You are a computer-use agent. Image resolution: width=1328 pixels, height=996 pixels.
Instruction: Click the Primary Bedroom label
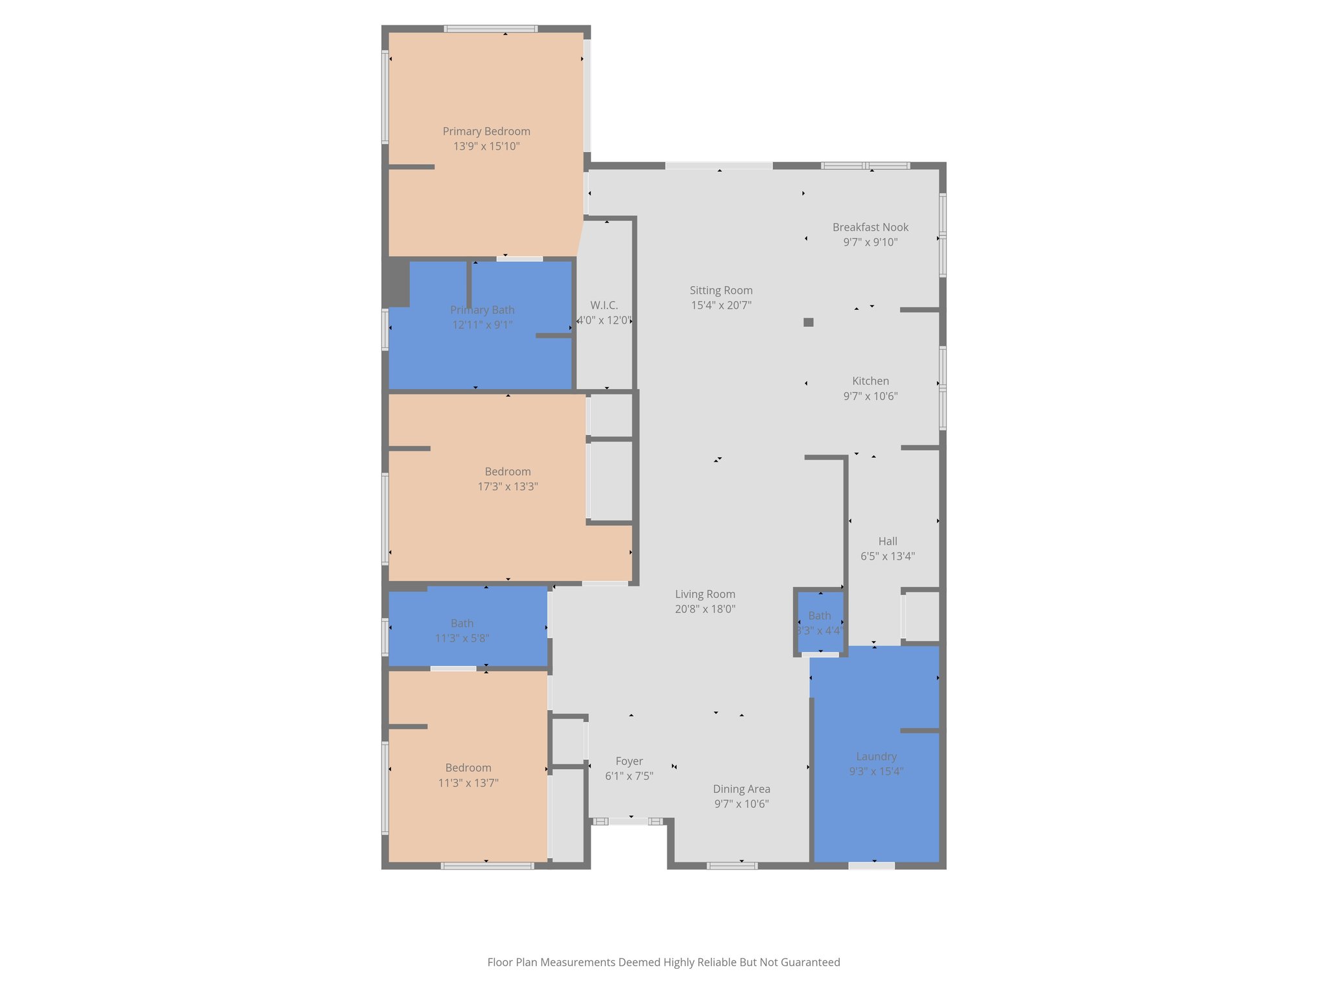coord(486,132)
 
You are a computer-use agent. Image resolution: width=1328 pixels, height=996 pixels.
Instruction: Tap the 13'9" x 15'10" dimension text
coord(486,147)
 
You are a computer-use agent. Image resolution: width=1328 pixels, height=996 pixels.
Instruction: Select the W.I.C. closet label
coord(604,305)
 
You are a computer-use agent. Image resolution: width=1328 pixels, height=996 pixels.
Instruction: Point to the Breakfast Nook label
coord(870,228)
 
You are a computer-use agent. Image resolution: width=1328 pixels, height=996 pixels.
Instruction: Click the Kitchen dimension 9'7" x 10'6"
coord(870,396)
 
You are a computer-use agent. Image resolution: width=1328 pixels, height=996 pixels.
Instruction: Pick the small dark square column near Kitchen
coord(808,322)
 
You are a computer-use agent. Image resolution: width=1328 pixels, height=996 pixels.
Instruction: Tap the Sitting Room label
coord(721,290)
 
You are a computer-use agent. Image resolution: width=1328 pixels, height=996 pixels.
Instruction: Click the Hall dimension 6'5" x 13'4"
coord(888,556)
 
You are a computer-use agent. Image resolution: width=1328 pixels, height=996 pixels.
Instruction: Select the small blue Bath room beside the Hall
coord(820,622)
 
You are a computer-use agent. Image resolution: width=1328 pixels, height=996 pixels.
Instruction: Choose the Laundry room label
coord(876,757)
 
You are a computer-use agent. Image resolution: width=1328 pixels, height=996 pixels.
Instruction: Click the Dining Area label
coord(742,789)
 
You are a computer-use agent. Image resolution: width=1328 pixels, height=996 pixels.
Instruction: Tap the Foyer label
coord(629,761)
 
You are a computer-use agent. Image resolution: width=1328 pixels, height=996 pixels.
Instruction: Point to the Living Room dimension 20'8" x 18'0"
coord(705,610)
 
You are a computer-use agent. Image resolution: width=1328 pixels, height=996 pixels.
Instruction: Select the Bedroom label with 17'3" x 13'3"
coord(508,472)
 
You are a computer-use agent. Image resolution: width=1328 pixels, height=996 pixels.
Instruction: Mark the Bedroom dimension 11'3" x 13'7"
coord(468,783)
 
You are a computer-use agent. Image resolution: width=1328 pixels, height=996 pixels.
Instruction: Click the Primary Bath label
coord(482,311)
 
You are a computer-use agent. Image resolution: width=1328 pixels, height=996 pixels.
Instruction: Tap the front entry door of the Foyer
coord(628,822)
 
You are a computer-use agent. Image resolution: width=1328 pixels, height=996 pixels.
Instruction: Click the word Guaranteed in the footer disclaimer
coord(811,962)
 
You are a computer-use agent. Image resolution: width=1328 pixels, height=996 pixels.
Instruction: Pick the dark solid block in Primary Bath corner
coord(396,283)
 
